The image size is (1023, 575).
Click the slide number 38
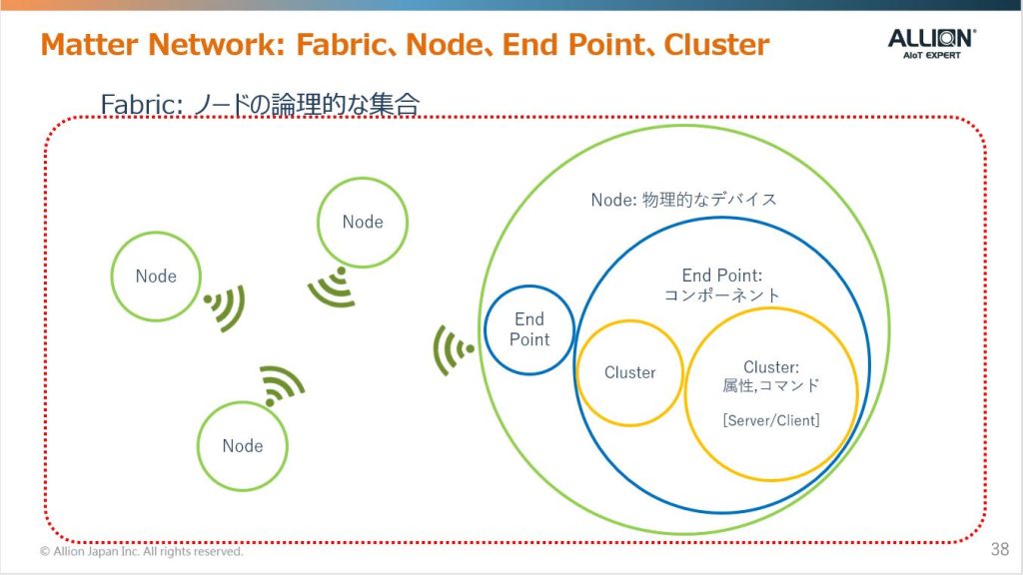click(999, 549)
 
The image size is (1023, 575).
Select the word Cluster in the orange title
click(716, 44)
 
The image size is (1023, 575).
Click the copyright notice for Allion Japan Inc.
click(142, 551)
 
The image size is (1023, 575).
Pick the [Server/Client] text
click(771, 420)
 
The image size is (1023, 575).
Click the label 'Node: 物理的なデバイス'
click(683, 200)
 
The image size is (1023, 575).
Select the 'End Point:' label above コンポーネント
click(722, 276)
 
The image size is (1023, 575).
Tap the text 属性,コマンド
click(770, 386)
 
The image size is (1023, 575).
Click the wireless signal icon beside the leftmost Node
click(225, 307)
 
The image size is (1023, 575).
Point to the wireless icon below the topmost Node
click(334, 287)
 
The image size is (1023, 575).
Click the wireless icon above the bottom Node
click(281, 385)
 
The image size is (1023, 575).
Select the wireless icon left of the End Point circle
click(453, 350)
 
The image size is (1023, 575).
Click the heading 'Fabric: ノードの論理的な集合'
click(260, 104)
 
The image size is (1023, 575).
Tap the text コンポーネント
click(721, 295)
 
